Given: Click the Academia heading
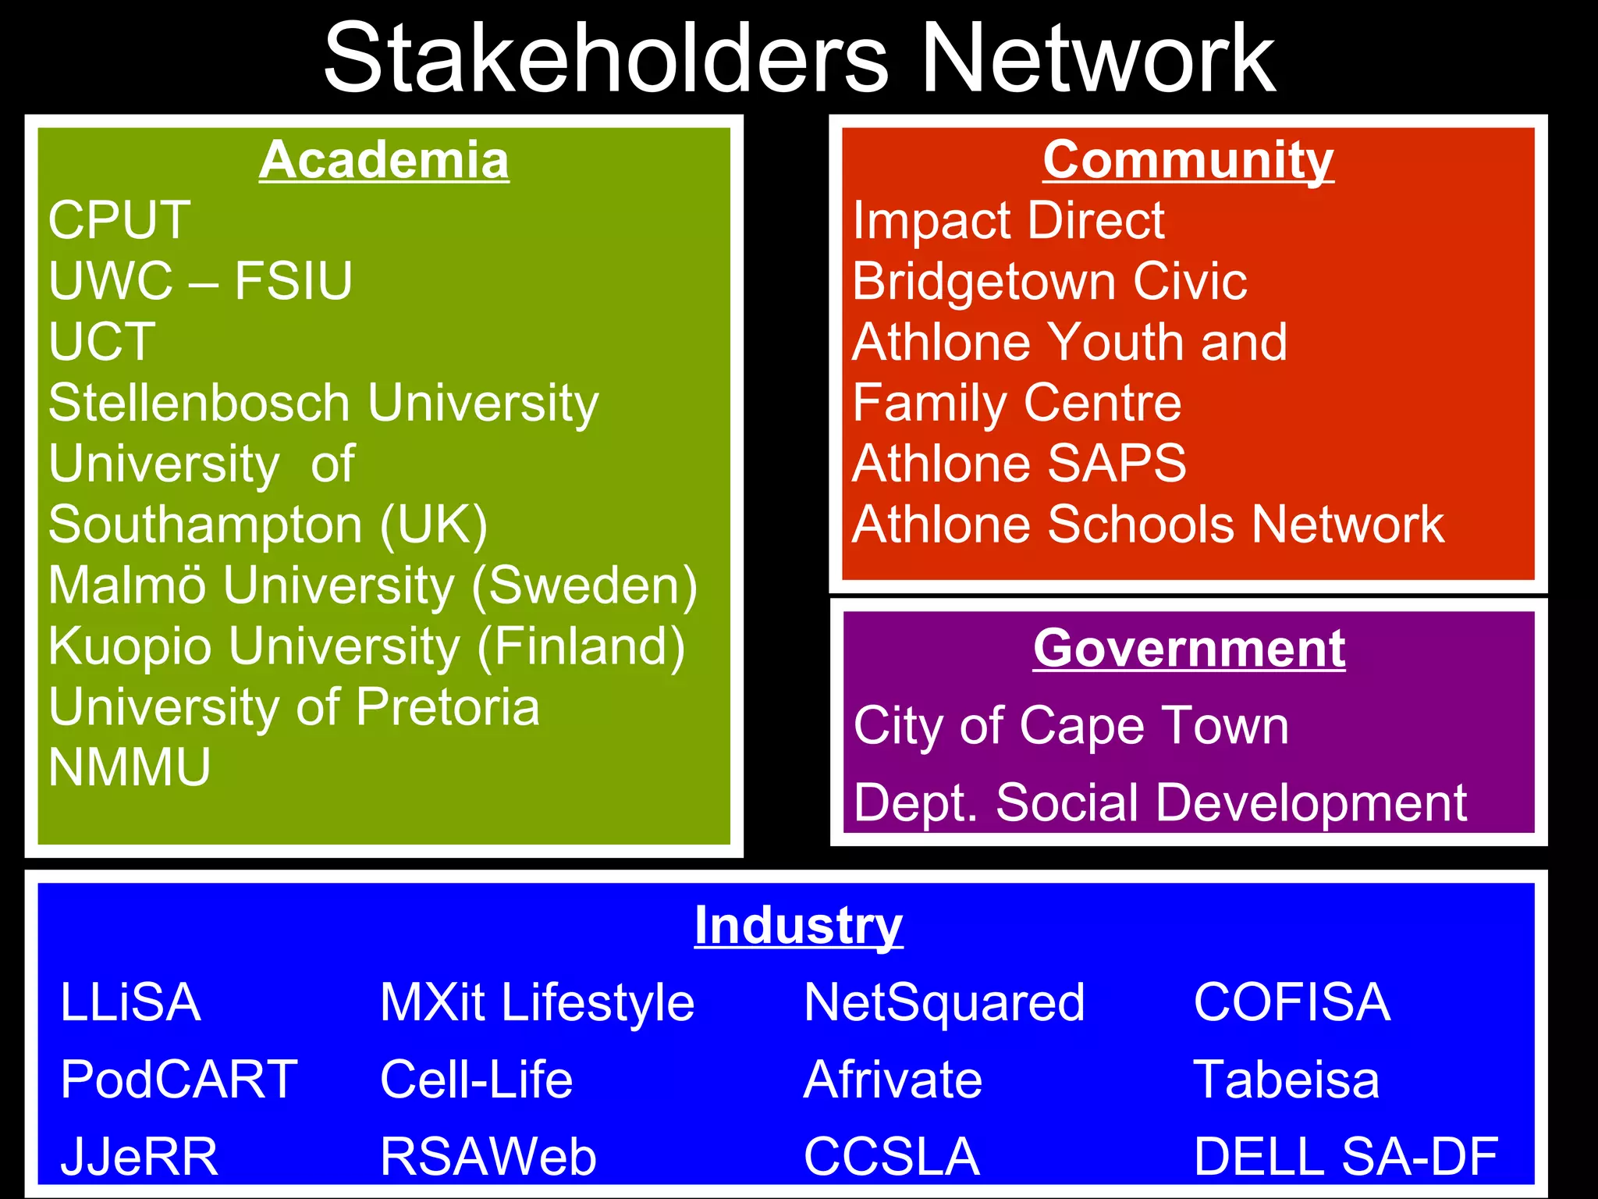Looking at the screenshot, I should click(384, 160).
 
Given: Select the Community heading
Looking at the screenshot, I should click(1188, 160).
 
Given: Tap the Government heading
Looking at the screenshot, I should click(1189, 648).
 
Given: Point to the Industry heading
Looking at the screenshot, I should click(798, 926).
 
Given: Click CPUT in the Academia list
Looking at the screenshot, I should click(119, 220).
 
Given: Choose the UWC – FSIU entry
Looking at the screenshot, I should click(201, 281).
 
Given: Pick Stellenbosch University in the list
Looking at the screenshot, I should click(323, 404).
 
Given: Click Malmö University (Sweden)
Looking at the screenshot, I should click(372, 585).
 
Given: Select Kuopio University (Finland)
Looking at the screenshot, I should click(366, 646).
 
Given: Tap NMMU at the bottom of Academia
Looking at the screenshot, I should click(130, 767).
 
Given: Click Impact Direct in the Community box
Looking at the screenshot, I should click(1008, 220).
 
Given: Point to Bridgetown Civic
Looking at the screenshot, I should click(1049, 281).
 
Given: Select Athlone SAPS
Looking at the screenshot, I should click(1019, 464).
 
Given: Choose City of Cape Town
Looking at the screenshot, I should click(1071, 726).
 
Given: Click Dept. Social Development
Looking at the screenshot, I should click(1160, 802).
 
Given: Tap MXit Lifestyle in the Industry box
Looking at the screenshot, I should click(537, 1002).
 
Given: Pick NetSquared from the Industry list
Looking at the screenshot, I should click(944, 1002).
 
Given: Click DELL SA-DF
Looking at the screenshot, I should click(1346, 1156).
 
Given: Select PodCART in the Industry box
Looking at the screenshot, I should click(179, 1080).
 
